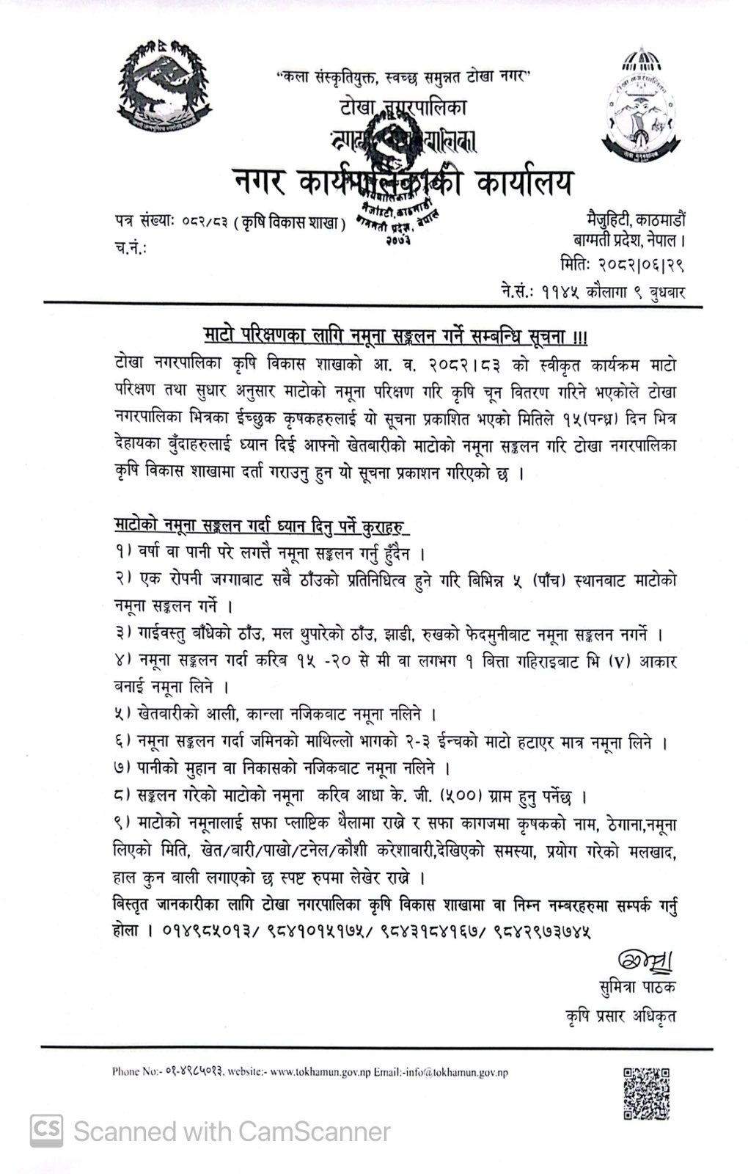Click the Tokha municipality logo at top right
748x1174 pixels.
636,105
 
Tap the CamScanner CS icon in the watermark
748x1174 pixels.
46,1131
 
